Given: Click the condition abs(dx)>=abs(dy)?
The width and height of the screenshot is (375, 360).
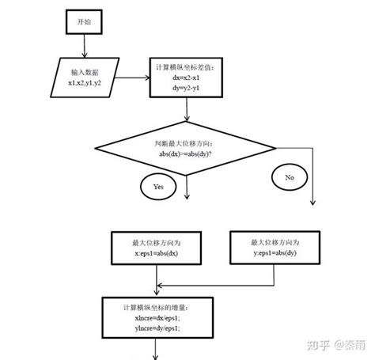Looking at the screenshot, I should (188, 155).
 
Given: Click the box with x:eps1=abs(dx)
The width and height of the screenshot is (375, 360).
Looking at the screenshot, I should (158, 248).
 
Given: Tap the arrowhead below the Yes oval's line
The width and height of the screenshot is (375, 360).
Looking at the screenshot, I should (187, 195).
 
